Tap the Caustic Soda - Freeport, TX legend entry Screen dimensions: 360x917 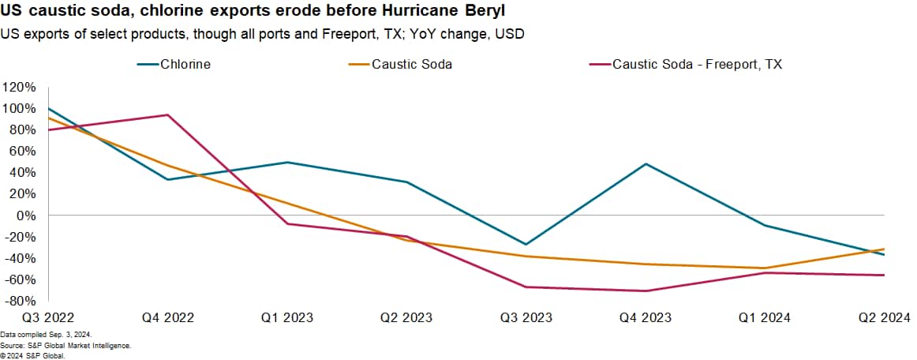pos(697,64)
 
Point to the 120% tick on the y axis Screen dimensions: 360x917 pos(19,87)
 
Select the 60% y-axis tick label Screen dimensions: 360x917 pos(22,151)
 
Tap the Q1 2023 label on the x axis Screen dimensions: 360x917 pos(287,317)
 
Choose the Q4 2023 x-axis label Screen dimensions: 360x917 pos(646,317)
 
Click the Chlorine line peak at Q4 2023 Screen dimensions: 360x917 pos(646,164)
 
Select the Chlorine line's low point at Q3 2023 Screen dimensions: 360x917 pos(526,244)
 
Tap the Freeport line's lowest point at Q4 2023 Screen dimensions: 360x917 pos(646,291)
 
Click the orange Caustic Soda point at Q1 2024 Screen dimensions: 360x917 pos(765,268)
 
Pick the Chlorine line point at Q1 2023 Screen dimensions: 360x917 pos(287,163)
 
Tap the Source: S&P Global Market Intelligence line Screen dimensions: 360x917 pos(65,346)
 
